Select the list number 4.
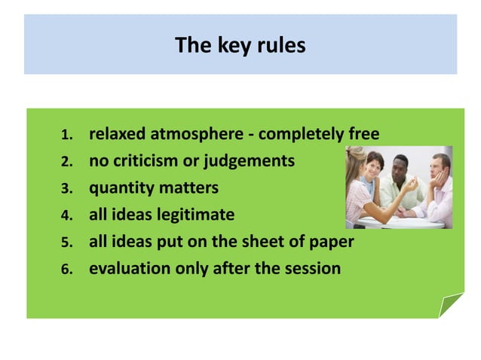tap(66, 216)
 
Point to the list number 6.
tap(66, 269)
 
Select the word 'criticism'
tap(149, 161)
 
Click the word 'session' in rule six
tap(311, 267)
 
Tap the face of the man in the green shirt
tap(402, 165)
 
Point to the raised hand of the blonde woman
tap(413, 185)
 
